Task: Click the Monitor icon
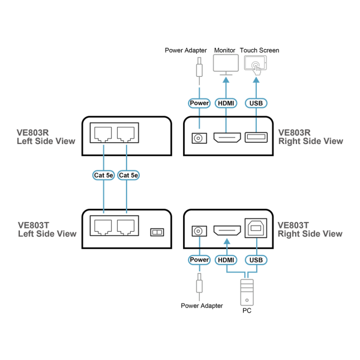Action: [x=226, y=64]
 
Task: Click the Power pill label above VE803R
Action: [x=199, y=103]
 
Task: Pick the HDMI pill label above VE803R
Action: [x=226, y=103]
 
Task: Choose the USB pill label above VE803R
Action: [x=256, y=103]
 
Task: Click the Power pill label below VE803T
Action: [x=199, y=260]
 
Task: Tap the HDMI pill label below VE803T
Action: [x=226, y=260]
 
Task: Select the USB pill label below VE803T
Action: [x=256, y=260]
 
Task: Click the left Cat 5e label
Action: [x=104, y=175]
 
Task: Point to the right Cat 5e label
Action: [x=127, y=175]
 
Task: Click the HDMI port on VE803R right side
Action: [x=227, y=139]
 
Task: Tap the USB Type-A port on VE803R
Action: [x=256, y=139]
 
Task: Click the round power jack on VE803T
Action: [x=199, y=231]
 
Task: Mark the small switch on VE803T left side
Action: [x=157, y=232]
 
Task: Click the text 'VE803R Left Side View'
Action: [x=46, y=137]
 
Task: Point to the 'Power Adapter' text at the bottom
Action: [x=202, y=305]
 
